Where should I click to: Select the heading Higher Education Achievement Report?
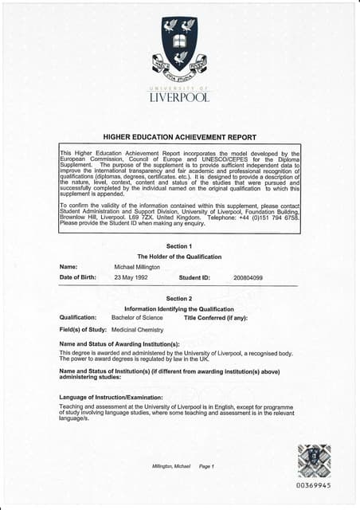click(x=179, y=137)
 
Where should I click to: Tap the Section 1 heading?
click(x=179, y=245)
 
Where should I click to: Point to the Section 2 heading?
click(x=179, y=298)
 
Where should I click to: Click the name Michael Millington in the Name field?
click(x=137, y=267)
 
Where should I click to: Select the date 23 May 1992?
click(x=132, y=277)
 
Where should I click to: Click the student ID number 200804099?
click(x=248, y=277)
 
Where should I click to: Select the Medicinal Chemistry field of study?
click(x=137, y=329)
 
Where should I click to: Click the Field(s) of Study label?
click(x=84, y=329)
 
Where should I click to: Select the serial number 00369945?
click(x=313, y=485)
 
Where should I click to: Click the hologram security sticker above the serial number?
click(x=313, y=461)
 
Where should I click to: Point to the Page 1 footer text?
click(x=206, y=466)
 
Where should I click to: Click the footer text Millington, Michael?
click(x=170, y=466)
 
